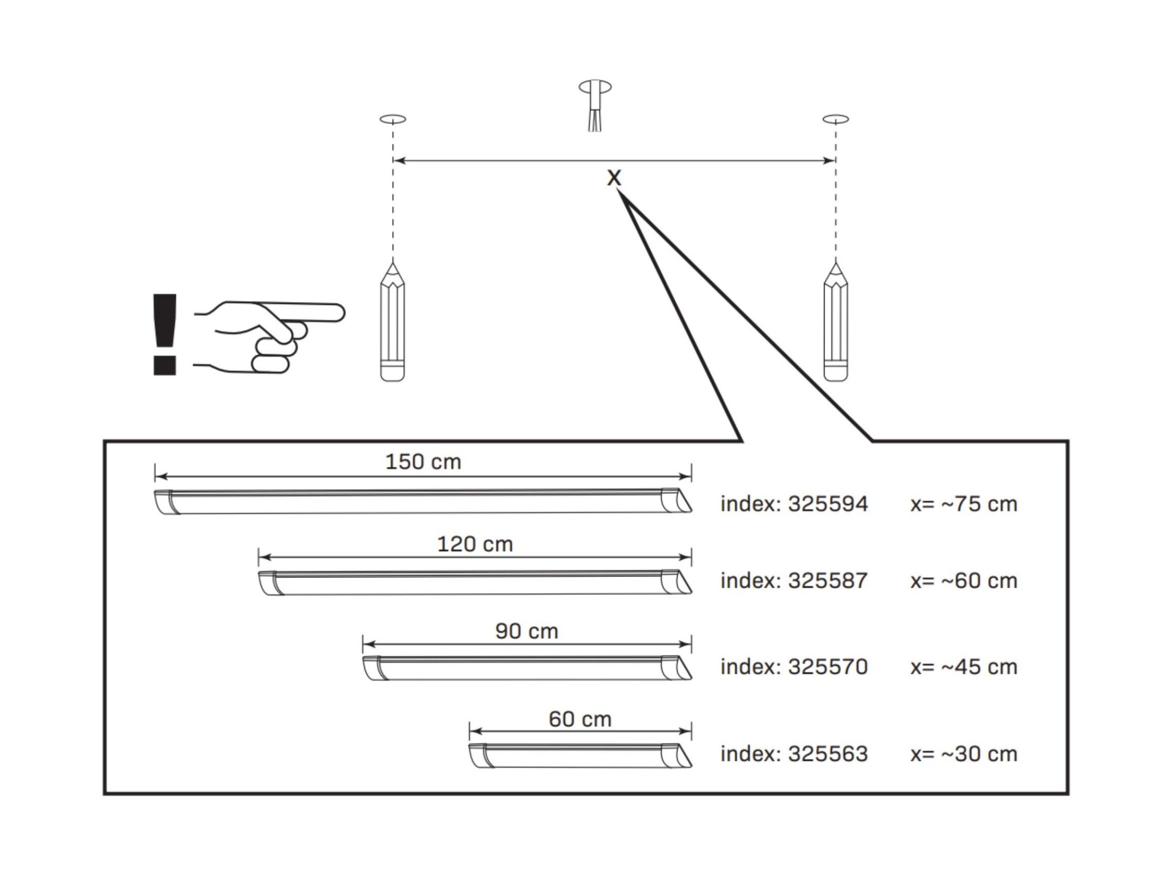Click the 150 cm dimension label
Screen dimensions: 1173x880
423,461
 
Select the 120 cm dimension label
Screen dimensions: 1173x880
475,544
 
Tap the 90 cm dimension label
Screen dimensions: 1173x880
527,631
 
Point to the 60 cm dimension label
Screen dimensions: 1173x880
580,719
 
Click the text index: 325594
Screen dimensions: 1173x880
794,504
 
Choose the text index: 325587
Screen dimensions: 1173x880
794,581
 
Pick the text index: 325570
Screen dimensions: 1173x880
794,667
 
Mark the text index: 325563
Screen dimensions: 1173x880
794,754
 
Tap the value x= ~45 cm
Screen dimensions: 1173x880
964,667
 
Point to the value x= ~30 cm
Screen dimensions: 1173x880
964,754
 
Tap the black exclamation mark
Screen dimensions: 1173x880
164,334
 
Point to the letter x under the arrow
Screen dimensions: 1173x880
613,178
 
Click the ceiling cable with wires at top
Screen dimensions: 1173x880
595,105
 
